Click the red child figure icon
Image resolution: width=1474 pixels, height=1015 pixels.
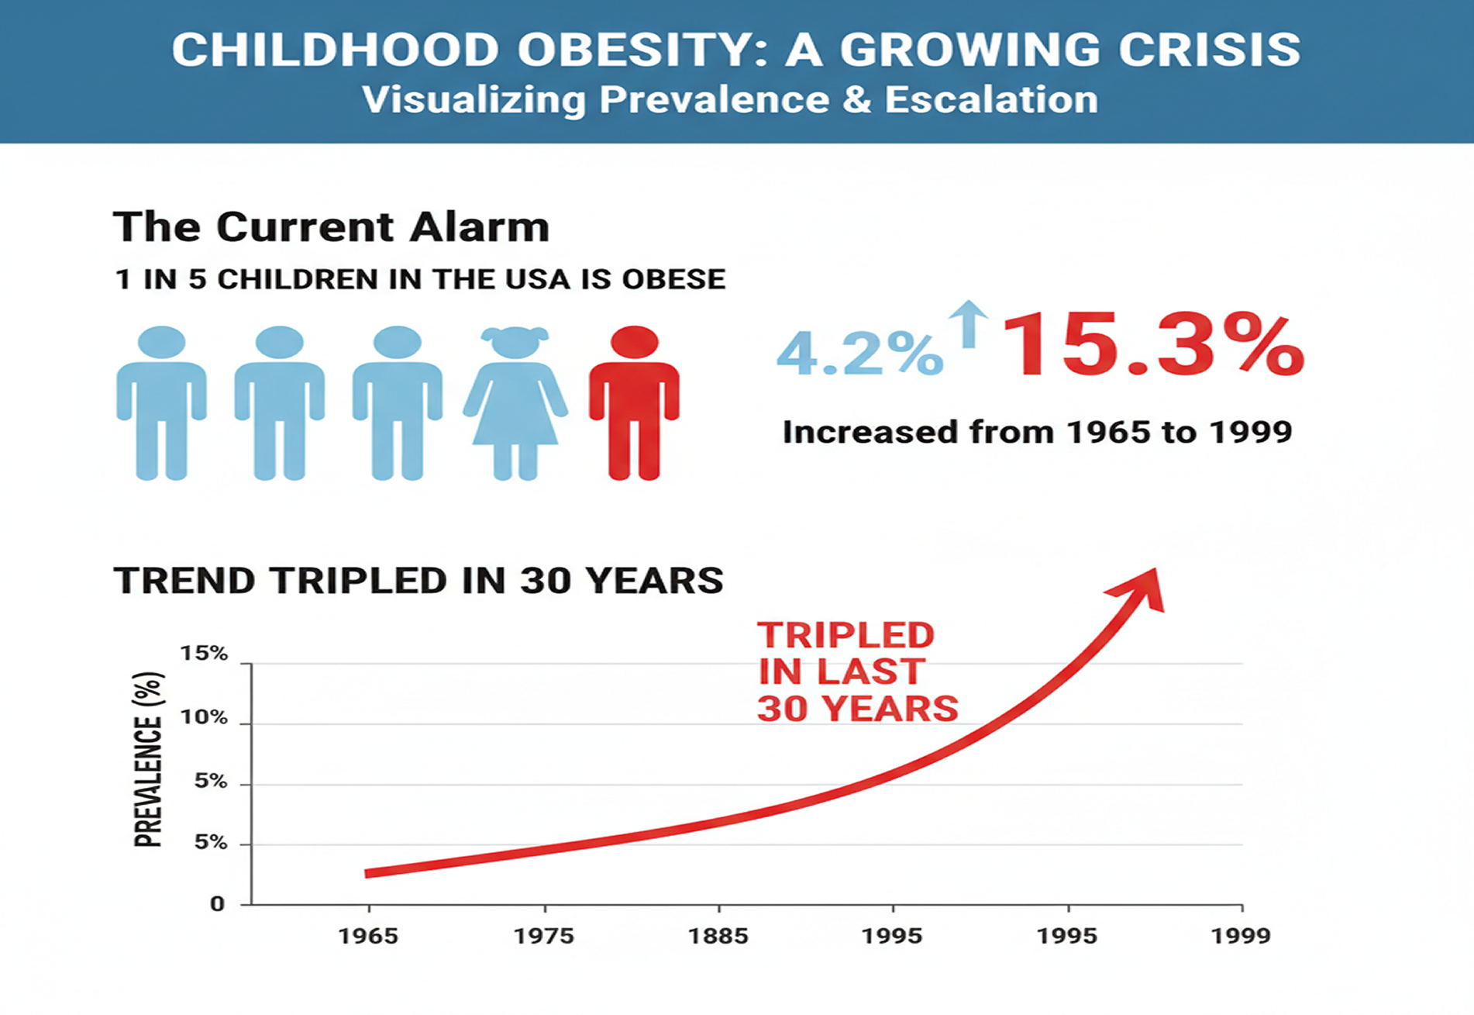point(634,403)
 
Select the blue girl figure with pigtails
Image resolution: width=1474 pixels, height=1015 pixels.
point(515,403)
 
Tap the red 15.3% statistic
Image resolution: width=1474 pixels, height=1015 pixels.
point(1153,346)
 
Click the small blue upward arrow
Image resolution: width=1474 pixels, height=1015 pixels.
point(968,323)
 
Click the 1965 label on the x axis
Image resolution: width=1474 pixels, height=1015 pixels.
point(368,936)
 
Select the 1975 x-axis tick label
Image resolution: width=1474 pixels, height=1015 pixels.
point(544,936)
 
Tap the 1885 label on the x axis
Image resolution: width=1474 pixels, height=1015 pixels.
point(718,936)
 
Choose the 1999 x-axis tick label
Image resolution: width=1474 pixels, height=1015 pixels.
point(1241,936)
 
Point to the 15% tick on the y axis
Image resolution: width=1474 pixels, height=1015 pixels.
point(205,654)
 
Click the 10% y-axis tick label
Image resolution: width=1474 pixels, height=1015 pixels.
point(205,717)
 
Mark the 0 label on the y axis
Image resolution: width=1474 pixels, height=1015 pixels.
point(217,904)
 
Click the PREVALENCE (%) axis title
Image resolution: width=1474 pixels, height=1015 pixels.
point(148,760)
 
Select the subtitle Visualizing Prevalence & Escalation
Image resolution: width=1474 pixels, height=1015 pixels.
point(730,100)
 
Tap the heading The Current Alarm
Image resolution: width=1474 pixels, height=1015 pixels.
point(331,227)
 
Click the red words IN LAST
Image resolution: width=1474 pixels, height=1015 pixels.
point(841,671)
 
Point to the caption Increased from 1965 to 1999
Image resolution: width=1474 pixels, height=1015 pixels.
point(1037,432)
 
